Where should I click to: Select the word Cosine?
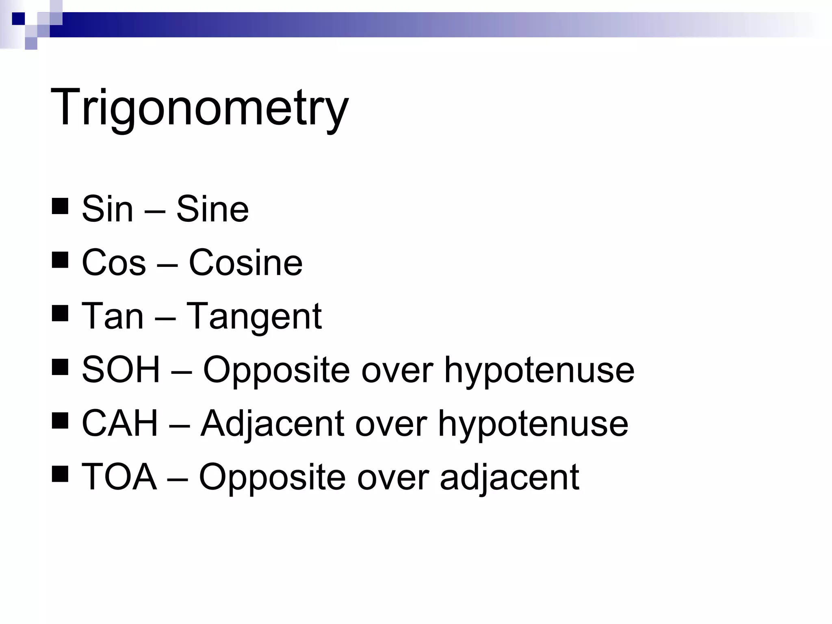click(x=245, y=262)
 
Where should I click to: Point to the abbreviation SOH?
click(x=121, y=369)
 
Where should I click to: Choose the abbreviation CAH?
click(x=119, y=423)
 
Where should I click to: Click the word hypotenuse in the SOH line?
click(x=539, y=370)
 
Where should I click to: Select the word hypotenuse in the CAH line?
click(x=533, y=424)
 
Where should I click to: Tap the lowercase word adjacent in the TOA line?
click(x=509, y=477)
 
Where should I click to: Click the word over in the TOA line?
click(x=392, y=477)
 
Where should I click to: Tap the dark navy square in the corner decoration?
click(x=18, y=19)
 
